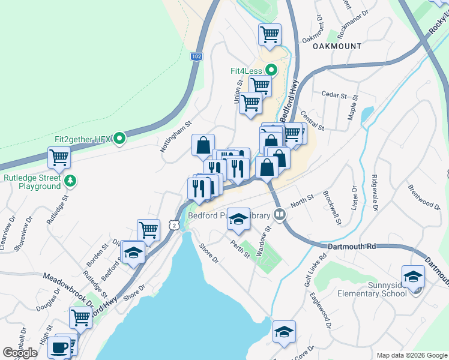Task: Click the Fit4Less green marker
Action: pyautogui.click(x=271, y=70)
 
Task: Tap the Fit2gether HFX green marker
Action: pyautogui.click(x=119, y=139)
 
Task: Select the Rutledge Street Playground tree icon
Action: pyautogui.click(x=70, y=179)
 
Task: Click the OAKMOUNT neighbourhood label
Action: pyautogui.click(x=337, y=46)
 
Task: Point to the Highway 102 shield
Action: pyautogui.click(x=196, y=56)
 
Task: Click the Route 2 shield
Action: pyautogui.click(x=173, y=224)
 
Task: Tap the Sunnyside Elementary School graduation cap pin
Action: pyautogui.click(x=413, y=277)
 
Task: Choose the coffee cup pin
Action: pyautogui.click(x=60, y=347)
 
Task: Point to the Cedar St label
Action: pyautogui.click(x=334, y=95)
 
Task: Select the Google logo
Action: pyautogui.click(x=20, y=353)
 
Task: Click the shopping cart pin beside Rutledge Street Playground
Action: pyautogui.click(x=59, y=158)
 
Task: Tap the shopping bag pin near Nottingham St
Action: pyautogui.click(x=203, y=145)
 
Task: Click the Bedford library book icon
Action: pyautogui.click(x=279, y=214)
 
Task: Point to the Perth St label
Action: pyautogui.click(x=241, y=249)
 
